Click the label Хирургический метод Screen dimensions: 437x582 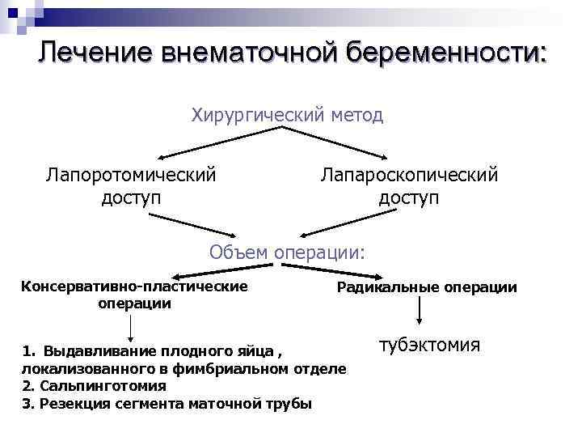pos(287,115)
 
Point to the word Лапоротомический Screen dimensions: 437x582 pos(131,174)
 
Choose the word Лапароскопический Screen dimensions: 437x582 pos(409,174)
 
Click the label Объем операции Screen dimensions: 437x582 pos(287,252)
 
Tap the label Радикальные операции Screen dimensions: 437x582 pos(427,287)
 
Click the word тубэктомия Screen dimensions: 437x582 pos(429,346)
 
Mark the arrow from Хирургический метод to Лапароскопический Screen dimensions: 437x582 pos(348,143)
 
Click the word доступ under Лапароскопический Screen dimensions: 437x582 pos(409,197)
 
